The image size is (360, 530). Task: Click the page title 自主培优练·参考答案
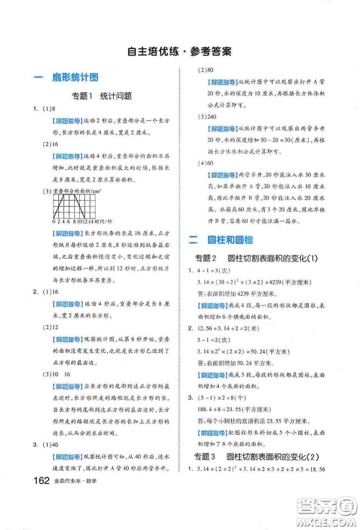179,51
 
